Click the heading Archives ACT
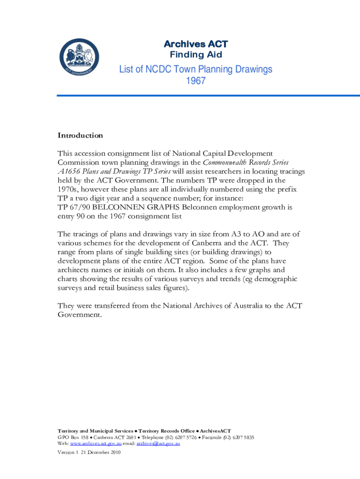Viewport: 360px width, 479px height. [x=195, y=44]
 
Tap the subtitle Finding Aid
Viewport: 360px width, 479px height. [x=195, y=55]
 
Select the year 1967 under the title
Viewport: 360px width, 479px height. [x=195, y=80]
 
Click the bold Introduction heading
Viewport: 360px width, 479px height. [x=80, y=136]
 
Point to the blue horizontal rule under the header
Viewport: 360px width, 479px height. [x=208, y=95]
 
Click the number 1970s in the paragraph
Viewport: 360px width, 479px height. [x=69, y=189]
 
